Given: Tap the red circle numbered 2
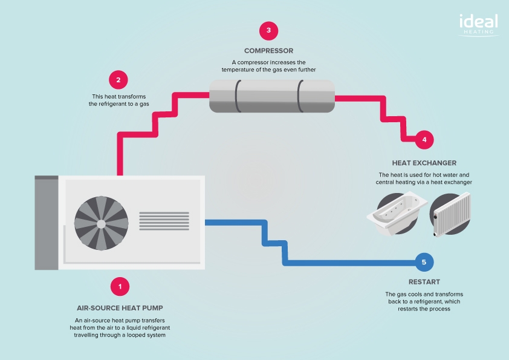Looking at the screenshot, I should click(x=118, y=79).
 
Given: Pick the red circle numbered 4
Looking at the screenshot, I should click(x=424, y=140).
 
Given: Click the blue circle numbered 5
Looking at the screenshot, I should click(x=424, y=262).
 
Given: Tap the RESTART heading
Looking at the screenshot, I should click(x=424, y=282).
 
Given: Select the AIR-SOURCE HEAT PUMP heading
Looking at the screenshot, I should click(x=120, y=308).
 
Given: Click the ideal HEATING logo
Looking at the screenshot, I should click(x=477, y=24).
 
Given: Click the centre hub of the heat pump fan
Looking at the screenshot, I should click(x=101, y=223).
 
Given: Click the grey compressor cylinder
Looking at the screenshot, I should click(x=272, y=96).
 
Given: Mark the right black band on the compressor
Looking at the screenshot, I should click(x=301, y=96).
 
